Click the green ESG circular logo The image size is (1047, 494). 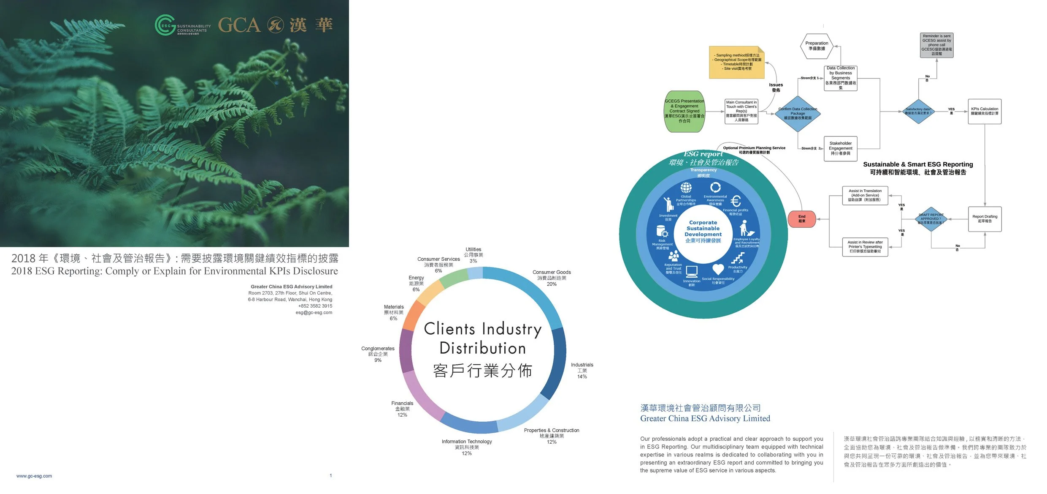[165, 25]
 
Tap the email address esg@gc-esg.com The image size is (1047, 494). [314, 313]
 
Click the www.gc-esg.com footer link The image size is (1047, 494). [34, 476]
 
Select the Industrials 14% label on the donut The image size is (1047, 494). [582, 371]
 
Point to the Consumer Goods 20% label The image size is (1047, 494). [552, 278]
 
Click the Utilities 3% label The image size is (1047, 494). [473, 255]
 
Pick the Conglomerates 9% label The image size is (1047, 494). [378, 354]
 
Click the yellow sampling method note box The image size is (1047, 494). [736, 62]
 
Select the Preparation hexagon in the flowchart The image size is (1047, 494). [817, 46]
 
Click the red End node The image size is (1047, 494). [801, 219]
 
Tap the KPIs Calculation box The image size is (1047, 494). [984, 111]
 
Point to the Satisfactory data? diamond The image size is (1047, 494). [918, 112]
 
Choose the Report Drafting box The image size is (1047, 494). [985, 219]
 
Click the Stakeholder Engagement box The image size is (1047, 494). [840, 148]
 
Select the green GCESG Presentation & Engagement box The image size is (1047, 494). [684, 112]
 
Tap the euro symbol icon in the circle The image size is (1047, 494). [736, 201]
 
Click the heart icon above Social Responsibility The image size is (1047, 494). [718, 269]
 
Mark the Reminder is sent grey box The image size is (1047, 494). [936, 45]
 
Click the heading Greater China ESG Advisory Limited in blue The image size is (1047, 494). [705, 418]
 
